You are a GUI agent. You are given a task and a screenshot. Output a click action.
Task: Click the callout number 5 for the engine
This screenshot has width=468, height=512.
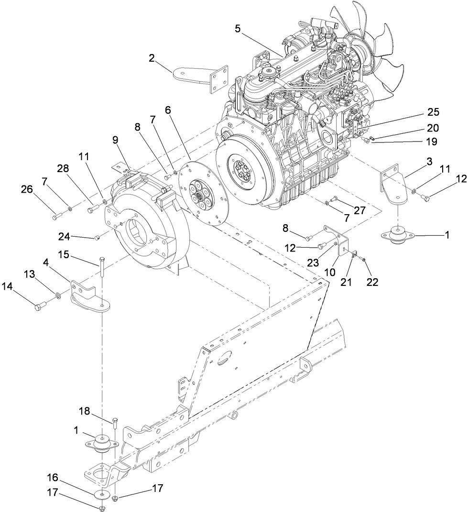238,28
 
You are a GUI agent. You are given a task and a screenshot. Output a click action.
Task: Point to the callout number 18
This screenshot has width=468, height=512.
85,412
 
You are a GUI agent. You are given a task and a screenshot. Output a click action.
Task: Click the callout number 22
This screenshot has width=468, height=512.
372,282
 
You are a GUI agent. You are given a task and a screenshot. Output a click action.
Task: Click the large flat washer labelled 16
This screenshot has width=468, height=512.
101,494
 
